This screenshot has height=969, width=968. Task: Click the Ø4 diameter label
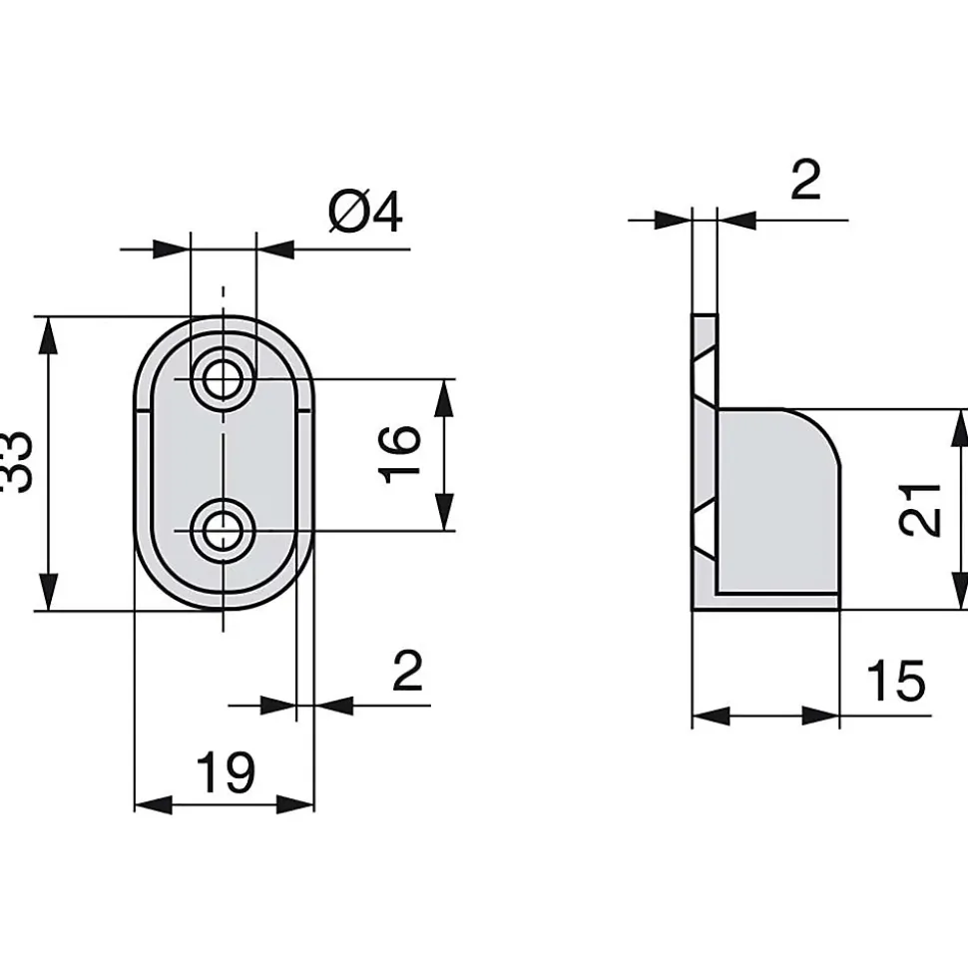point(365,213)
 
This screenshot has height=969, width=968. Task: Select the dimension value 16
point(399,454)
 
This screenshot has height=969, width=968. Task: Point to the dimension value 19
point(225,771)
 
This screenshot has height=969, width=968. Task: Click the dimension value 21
point(920,510)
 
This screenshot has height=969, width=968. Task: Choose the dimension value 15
point(896,681)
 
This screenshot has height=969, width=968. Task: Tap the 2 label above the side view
point(805,180)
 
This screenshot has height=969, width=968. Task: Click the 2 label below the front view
point(407,671)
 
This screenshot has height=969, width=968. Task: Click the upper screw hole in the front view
point(224,379)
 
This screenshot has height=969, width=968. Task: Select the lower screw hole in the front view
point(224,530)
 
